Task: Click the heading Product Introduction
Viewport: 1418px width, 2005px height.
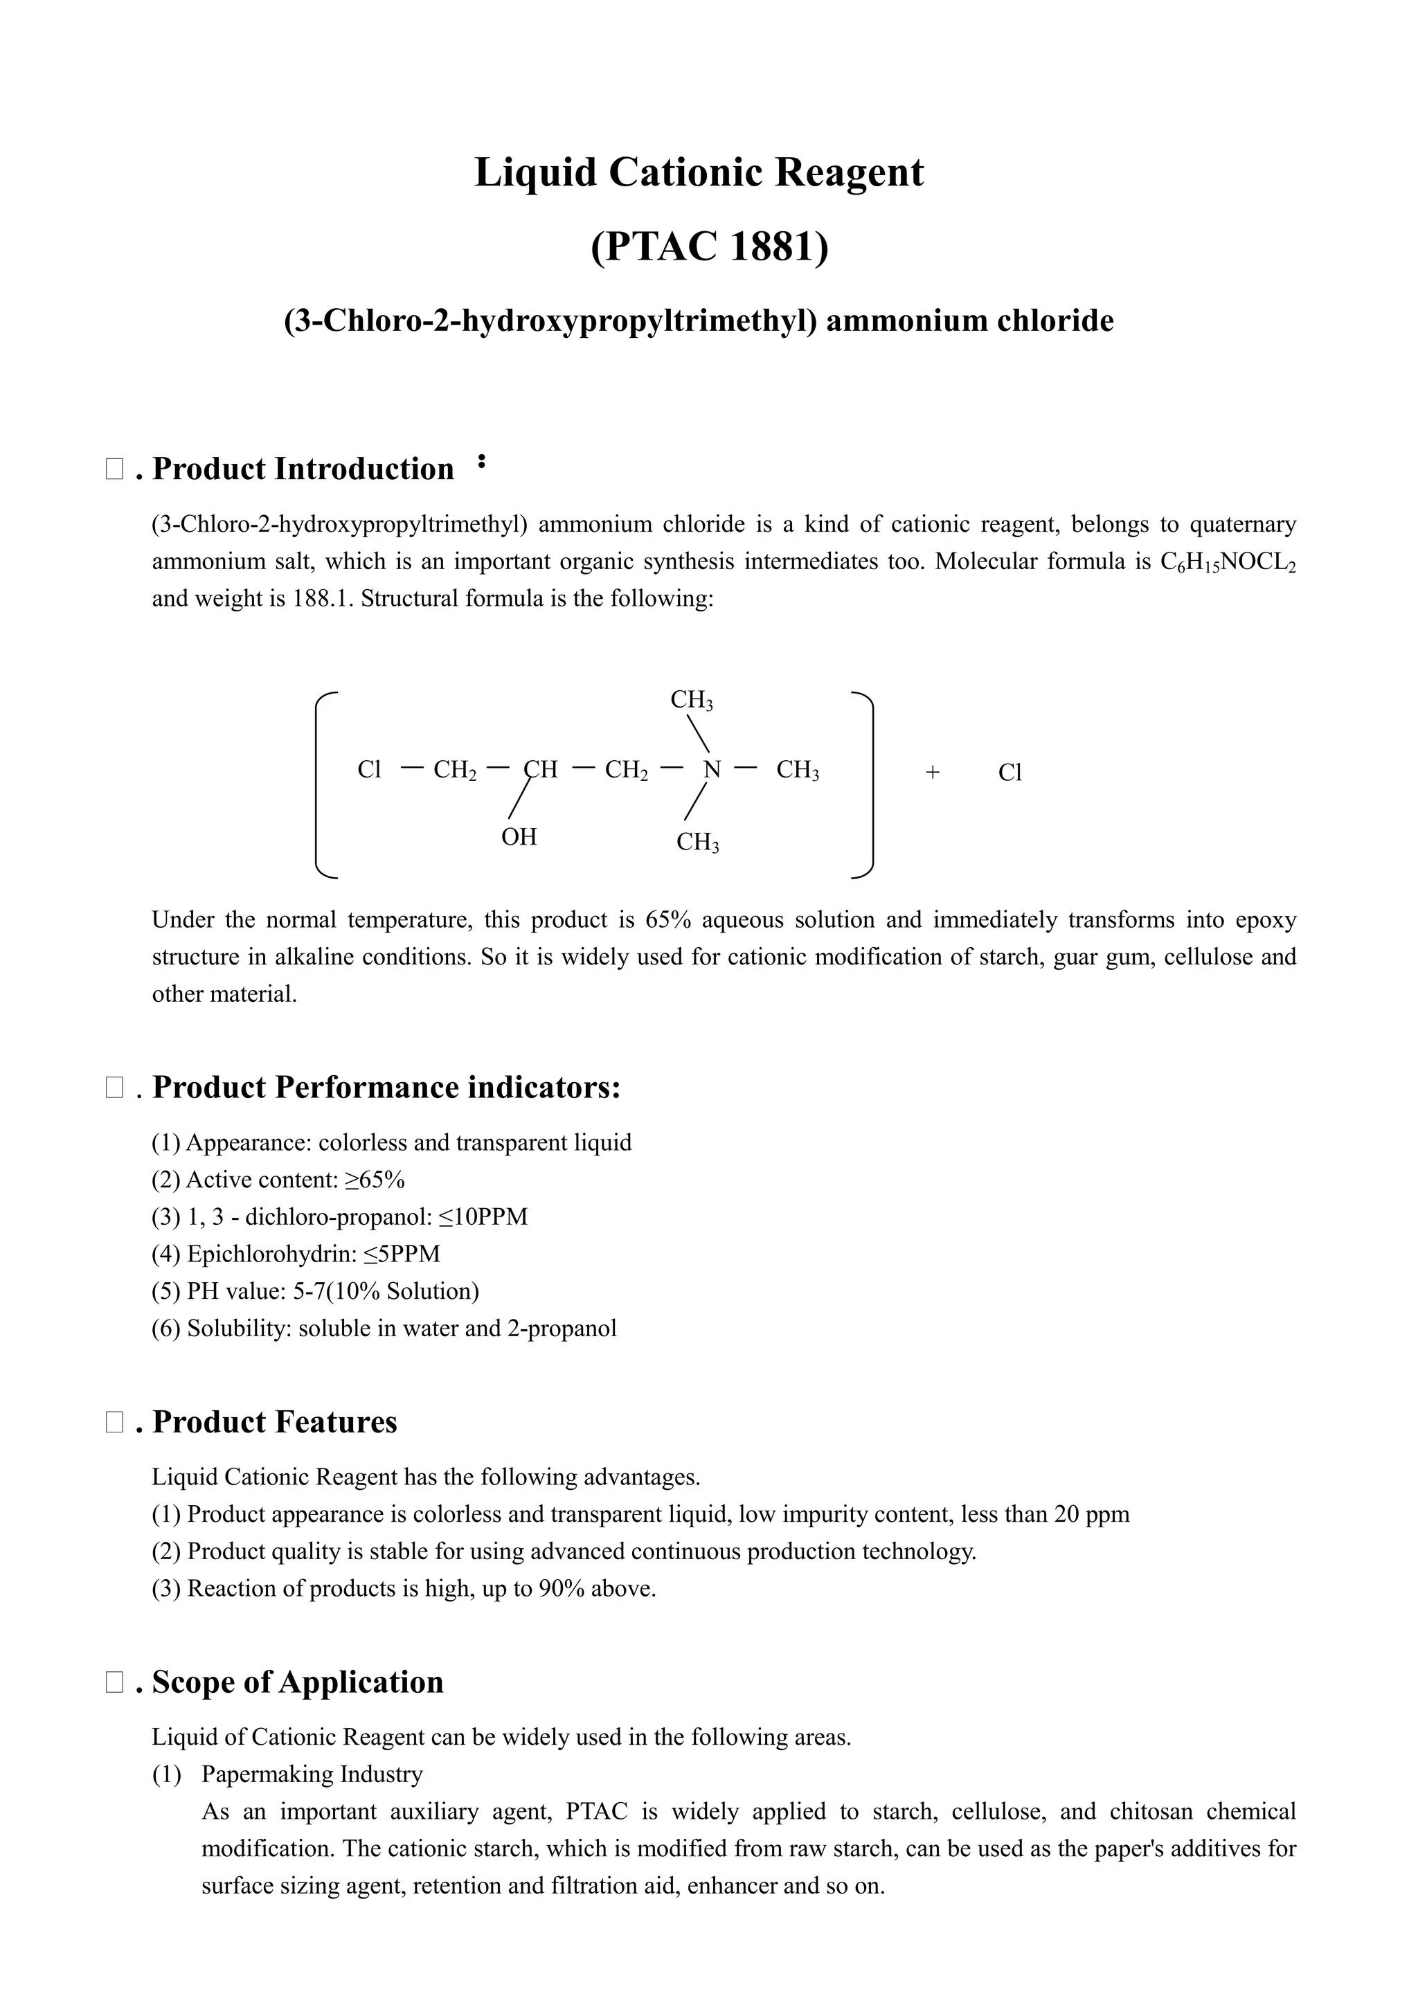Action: pyautogui.click(x=303, y=469)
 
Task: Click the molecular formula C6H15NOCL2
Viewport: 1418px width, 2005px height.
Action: pyautogui.click(x=1228, y=562)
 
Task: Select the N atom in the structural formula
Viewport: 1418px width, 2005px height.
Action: pyautogui.click(x=712, y=770)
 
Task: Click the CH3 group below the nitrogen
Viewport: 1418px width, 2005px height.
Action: pyautogui.click(x=698, y=843)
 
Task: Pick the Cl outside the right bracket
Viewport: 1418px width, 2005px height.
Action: pyautogui.click(x=1009, y=773)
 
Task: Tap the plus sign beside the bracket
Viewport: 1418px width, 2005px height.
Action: pyautogui.click(x=933, y=773)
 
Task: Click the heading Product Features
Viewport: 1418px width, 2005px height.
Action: pyautogui.click(x=274, y=1421)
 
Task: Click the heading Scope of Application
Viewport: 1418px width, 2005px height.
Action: pyautogui.click(x=297, y=1682)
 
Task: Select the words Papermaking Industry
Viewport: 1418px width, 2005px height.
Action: pyautogui.click(x=312, y=1774)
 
